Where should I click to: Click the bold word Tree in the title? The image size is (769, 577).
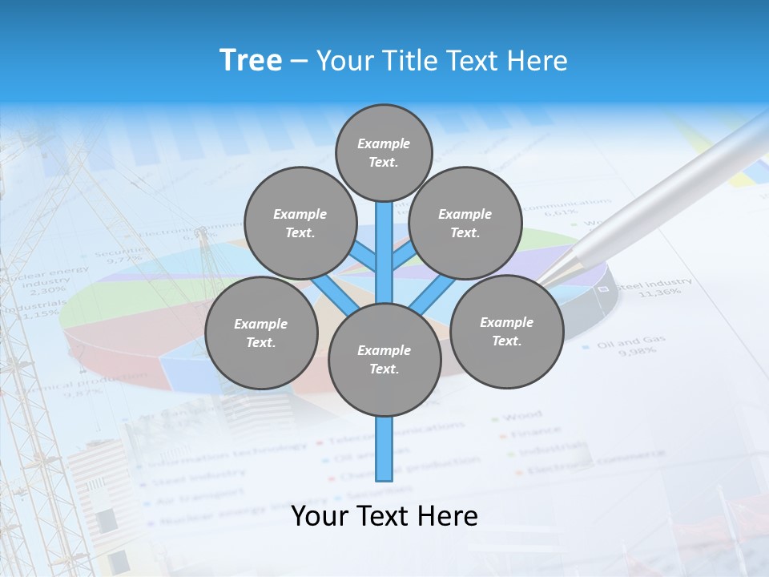click(251, 60)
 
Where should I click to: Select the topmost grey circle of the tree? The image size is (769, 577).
click(384, 152)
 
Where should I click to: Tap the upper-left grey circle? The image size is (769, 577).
click(300, 223)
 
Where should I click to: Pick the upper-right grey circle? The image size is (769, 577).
click(465, 223)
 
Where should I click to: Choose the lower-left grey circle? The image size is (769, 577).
click(260, 333)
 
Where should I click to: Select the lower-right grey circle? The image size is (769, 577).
click(506, 331)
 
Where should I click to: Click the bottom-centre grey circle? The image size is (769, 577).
click(384, 359)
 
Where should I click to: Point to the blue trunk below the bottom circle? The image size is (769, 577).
click(384, 449)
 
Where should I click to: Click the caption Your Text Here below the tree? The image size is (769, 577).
click(384, 516)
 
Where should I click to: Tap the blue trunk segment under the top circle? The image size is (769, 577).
click(384, 240)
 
